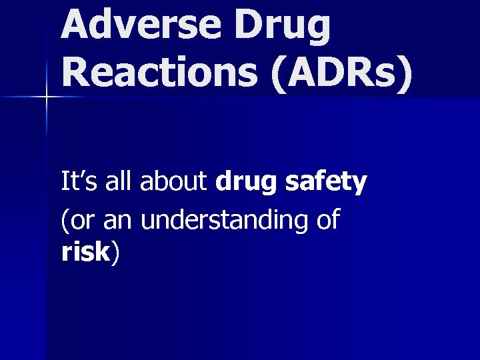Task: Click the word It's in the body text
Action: (x=76, y=181)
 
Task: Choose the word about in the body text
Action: (x=175, y=181)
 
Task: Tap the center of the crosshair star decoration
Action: (x=46, y=97)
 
